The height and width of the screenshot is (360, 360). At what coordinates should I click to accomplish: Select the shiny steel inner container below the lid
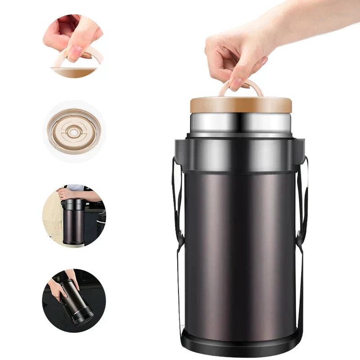click(x=241, y=123)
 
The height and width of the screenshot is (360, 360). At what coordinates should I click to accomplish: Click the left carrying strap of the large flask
click(x=177, y=202)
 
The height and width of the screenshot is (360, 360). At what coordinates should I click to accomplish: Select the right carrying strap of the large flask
click(x=305, y=202)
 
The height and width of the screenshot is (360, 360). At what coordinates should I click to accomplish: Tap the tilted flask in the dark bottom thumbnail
click(x=76, y=299)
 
